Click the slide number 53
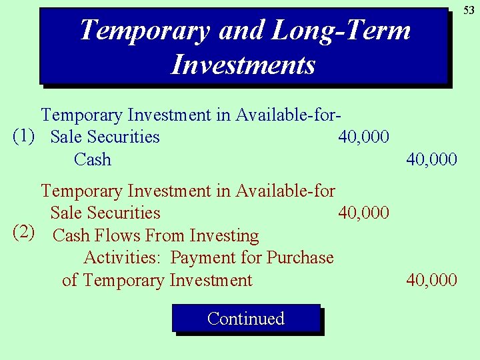point(469,10)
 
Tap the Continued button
point(246,319)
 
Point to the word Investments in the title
point(243,65)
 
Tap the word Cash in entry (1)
point(93,159)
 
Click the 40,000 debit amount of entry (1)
point(363,137)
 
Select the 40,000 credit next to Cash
point(432,159)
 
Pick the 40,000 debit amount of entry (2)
point(363,213)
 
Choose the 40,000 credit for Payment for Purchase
point(432,280)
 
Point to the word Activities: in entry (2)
point(124,257)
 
